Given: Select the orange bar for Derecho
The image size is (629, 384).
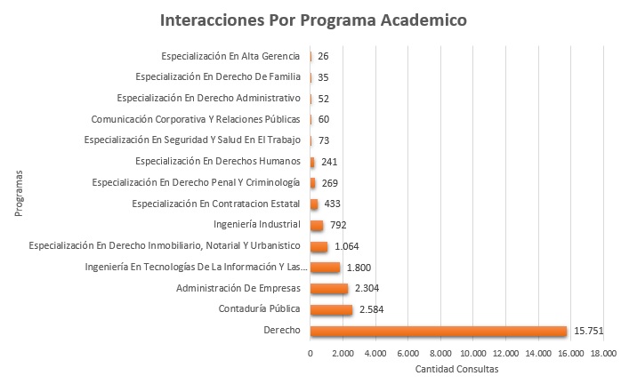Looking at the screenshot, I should point(438,332).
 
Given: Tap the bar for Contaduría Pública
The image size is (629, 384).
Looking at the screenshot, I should point(331,310).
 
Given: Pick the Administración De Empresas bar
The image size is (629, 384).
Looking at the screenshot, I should point(328,289).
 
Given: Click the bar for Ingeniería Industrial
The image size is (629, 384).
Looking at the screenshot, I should point(316,225).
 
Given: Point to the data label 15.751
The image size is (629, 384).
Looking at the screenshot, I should point(589,332).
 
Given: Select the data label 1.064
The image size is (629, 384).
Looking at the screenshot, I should point(348,246).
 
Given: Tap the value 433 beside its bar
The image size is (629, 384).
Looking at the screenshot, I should point(333,204).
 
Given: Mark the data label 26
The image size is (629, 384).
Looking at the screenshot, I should point(323,56).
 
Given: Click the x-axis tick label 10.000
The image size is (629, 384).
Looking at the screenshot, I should point(472,353).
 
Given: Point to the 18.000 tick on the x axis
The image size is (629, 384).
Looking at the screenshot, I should point(602,353).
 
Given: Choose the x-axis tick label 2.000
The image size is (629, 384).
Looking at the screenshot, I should point(343,353).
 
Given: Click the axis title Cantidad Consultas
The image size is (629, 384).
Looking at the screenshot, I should point(456,368).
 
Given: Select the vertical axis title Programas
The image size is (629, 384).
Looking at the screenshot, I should point(20,193).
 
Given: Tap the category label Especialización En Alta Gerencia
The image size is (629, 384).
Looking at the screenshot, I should point(230,56).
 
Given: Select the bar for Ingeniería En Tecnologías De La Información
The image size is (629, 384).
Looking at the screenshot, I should point(325,268).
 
